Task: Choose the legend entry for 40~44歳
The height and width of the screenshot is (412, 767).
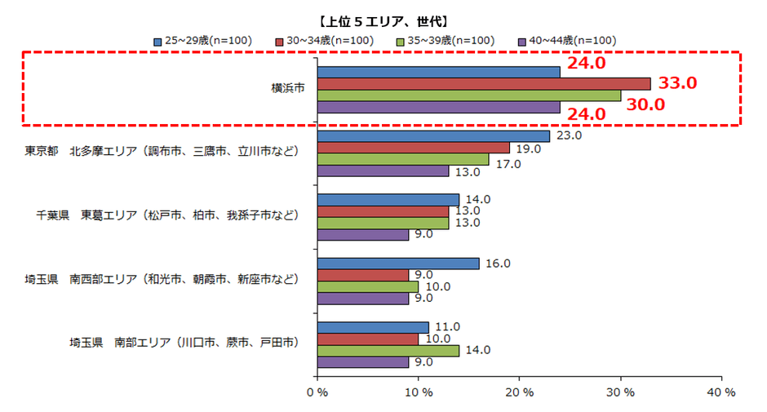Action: (x=567, y=40)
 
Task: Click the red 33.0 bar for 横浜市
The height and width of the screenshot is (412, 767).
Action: (x=483, y=83)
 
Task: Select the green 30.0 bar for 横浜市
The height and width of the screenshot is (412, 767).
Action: (x=468, y=95)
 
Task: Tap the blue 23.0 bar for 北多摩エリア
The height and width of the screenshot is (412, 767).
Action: (x=433, y=136)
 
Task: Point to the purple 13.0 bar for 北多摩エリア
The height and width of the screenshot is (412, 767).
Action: (x=383, y=171)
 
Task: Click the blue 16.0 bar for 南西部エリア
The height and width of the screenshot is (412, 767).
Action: (x=397, y=264)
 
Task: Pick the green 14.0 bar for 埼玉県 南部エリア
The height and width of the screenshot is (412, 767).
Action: (x=388, y=351)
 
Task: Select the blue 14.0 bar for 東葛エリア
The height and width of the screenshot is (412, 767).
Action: (x=388, y=200)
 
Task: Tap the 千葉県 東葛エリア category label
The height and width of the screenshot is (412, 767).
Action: (x=167, y=216)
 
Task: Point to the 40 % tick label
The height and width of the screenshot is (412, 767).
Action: (x=720, y=392)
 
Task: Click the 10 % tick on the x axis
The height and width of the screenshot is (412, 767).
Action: (x=418, y=392)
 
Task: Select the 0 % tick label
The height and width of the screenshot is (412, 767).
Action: (x=317, y=392)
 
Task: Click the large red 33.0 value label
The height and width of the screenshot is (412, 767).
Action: (x=677, y=83)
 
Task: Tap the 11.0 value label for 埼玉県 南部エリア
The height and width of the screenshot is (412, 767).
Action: (x=445, y=327)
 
